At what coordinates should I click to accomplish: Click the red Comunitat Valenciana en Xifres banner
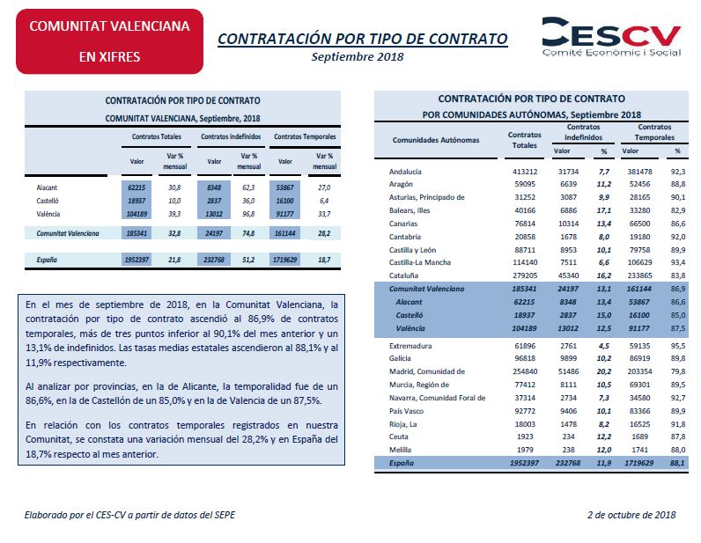click(109, 41)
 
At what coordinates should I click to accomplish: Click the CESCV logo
click(611, 37)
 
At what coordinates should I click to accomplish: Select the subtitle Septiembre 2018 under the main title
click(358, 56)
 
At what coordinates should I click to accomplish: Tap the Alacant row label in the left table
click(47, 187)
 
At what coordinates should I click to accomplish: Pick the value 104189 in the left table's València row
click(137, 214)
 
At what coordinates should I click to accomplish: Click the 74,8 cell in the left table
click(248, 233)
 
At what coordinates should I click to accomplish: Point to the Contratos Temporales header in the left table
click(305, 136)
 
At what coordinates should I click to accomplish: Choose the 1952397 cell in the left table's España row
click(137, 260)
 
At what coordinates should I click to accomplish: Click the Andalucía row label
click(405, 172)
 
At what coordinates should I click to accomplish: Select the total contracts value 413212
click(525, 172)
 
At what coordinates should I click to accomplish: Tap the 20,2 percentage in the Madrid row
click(604, 371)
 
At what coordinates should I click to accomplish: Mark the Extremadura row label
click(410, 346)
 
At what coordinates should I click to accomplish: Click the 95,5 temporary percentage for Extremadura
click(678, 346)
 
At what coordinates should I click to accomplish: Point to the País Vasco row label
click(406, 411)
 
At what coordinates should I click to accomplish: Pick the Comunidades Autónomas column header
click(436, 140)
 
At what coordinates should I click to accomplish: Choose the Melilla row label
click(400, 450)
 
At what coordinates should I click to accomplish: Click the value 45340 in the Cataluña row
click(568, 275)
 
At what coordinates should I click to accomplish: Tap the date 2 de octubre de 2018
click(631, 515)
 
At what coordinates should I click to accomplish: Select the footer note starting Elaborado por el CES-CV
click(129, 515)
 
